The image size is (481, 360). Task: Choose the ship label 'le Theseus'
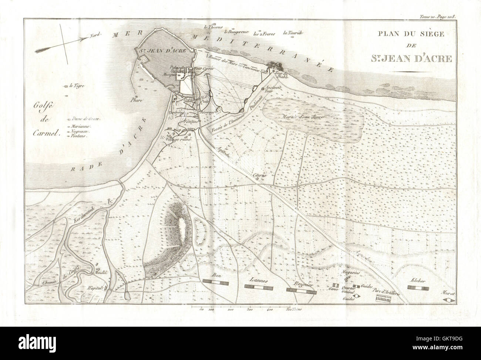212,27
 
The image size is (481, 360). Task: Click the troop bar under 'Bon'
216,282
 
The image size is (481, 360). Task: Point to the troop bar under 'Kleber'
418,287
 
